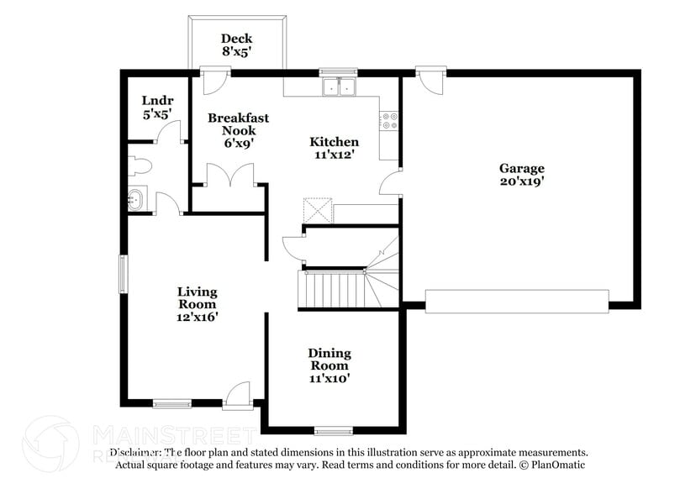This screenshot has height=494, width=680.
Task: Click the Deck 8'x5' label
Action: (x=236, y=45)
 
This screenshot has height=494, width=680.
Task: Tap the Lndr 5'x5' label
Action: (x=156, y=108)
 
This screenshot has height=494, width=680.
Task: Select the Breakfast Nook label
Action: (x=238, y=130)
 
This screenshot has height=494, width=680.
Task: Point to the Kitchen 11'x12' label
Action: (x=335, y=148)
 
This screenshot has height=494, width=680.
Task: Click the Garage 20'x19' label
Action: (x=522, y=174)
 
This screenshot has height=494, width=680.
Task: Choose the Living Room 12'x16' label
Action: (x=197, y=303)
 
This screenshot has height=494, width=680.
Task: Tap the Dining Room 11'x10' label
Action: (x=329, y=365)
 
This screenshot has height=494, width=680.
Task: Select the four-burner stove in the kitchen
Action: (x=389, y=121)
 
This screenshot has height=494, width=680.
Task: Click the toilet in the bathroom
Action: (x=139, y=166)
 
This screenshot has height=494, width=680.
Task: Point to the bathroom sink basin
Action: (x=135, y=201)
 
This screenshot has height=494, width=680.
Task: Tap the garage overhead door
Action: (x=516, y=301)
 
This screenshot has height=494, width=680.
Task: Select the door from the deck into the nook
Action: (x=215, y=81)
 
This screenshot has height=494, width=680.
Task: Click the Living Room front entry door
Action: (x=239, y=394)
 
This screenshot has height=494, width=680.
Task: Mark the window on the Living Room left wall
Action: (x=123, y=274)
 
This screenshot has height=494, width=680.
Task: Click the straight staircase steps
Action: (x=333, y=289)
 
